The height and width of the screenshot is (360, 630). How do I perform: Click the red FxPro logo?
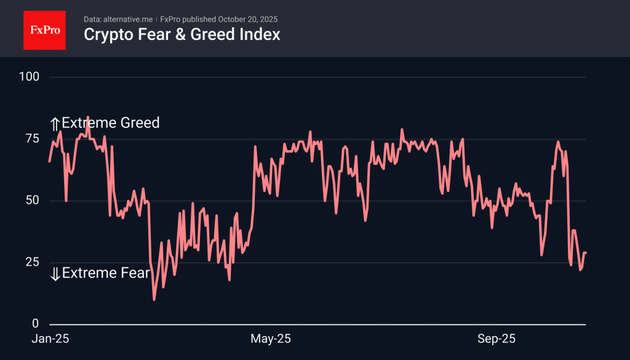pos(44,29)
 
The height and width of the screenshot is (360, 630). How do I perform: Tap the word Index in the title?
pos(261,34)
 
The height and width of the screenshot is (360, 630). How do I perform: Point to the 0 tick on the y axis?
pos(35,324)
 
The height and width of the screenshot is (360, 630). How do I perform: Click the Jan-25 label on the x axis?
pos(50,338)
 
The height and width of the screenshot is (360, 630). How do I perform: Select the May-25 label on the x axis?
pos(271,338)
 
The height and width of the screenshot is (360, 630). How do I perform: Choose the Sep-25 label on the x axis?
pos(497,338)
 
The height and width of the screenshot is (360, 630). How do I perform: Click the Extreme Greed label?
pos(111,123)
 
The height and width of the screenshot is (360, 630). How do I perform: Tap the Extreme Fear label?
pos(106,273)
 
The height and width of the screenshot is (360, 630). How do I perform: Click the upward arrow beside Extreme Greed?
pos(55,124)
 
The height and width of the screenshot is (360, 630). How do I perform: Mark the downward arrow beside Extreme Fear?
pos(55,274)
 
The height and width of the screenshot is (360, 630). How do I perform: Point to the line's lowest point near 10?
pos(154,299)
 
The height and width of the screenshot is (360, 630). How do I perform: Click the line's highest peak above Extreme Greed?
pos(87,117)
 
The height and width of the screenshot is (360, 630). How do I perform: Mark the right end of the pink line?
pos(585,253)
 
